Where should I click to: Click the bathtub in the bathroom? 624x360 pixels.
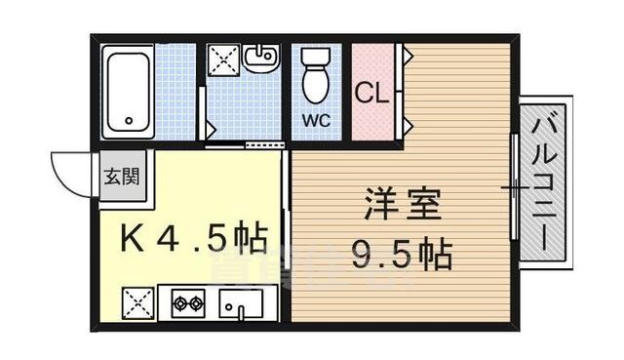tap(128, 92)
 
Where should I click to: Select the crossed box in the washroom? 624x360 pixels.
tap(221, 60)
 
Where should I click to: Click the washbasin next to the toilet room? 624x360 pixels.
tap(259, 60)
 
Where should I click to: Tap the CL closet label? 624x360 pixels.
tap(370, 94)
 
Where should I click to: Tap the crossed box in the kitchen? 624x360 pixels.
tap(138, 303)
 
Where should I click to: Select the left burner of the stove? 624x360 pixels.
tap(179, 303)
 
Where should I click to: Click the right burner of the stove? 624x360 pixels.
tap(198, 303)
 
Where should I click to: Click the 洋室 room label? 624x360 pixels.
tap(402, 208)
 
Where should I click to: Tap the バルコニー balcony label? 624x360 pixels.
tap(544, 184)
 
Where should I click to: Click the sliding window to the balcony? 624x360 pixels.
tap(514, 185)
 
